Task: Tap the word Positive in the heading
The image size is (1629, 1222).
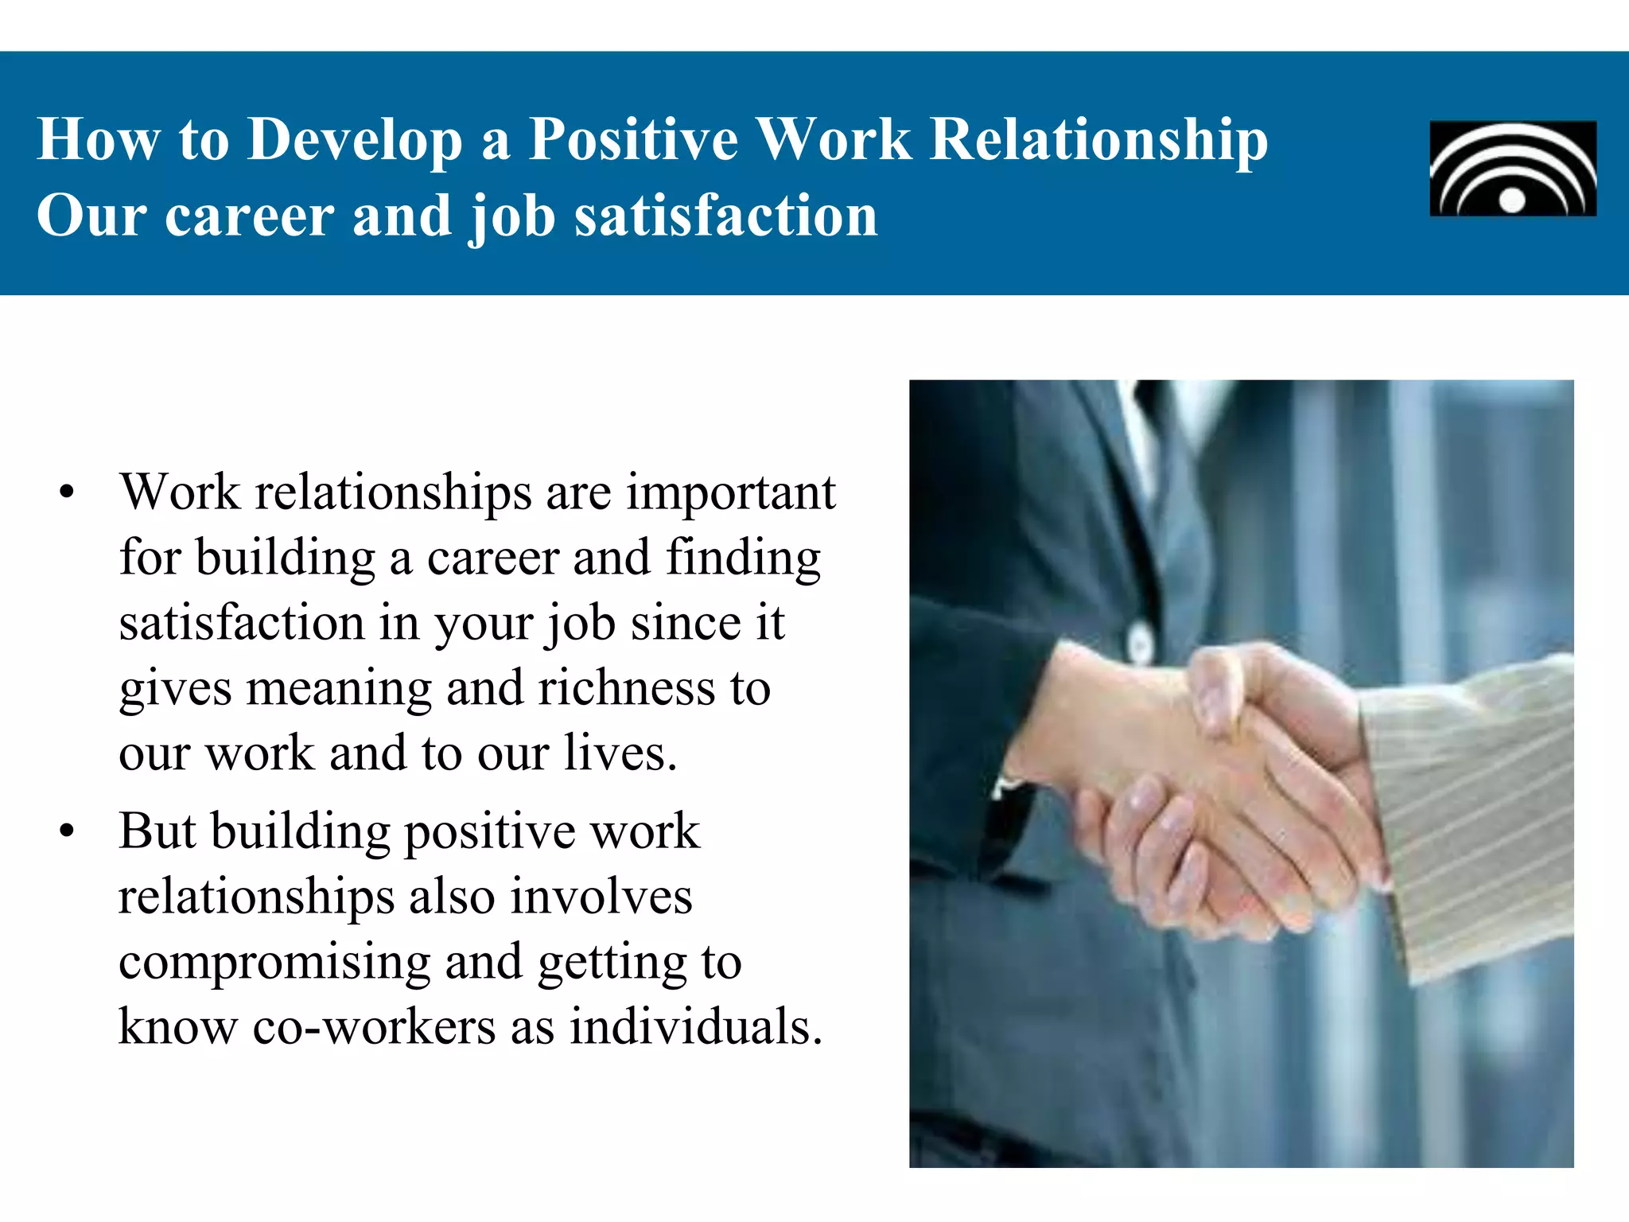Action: [x=633, y=139]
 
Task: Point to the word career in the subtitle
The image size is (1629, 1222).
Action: [x=250, y=216]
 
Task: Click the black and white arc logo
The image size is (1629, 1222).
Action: [x=1513, y=168]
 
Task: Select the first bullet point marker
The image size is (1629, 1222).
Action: [x=67, y=493]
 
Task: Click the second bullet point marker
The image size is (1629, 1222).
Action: [x=67, y=832]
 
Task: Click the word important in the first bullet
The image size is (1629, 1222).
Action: [x=731, y=493]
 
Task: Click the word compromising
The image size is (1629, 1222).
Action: [x=274, y=963]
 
